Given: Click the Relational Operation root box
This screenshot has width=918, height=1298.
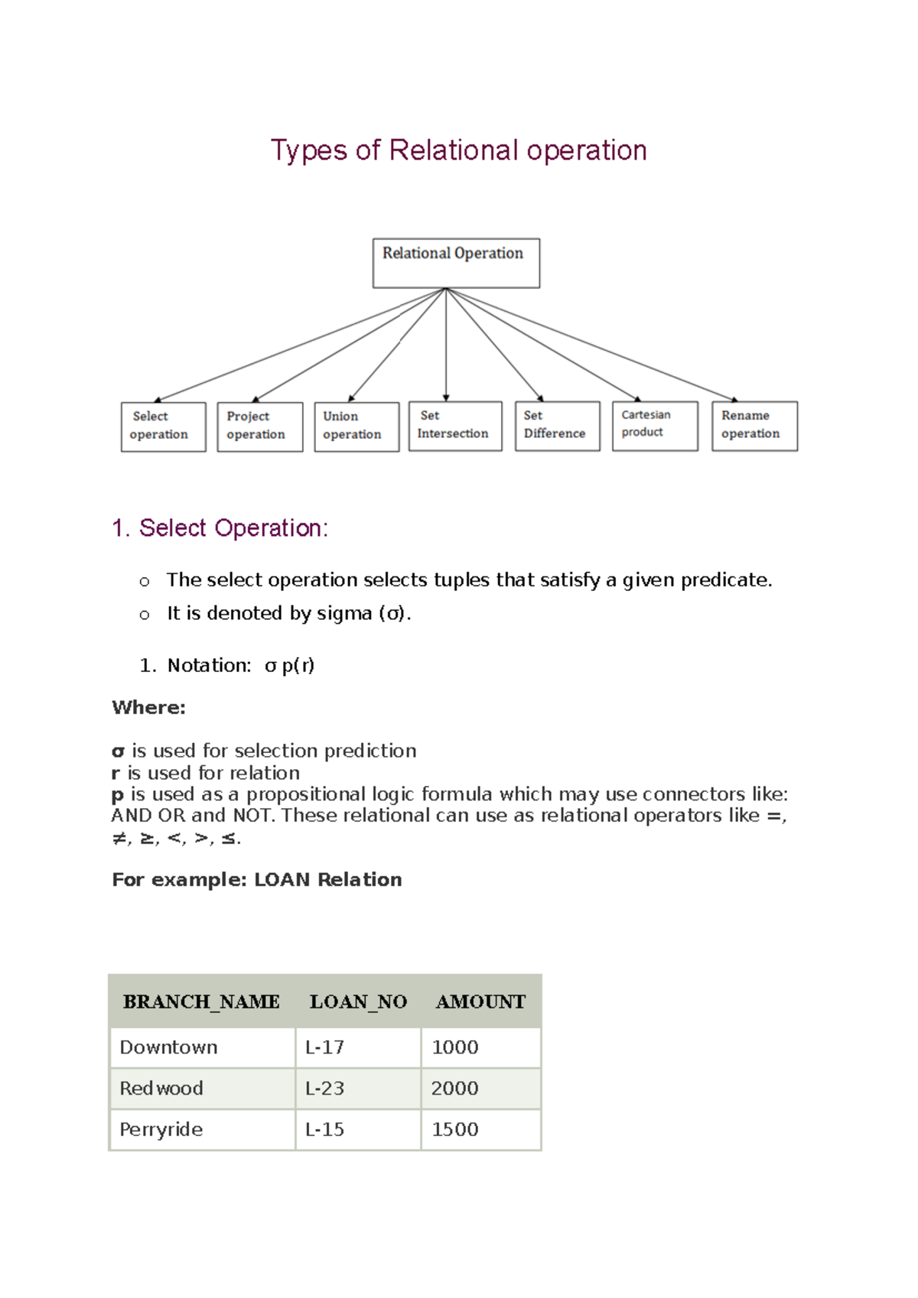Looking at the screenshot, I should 456,263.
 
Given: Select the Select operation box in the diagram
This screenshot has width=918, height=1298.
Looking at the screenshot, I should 163,427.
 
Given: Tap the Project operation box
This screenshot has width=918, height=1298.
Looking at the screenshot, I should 259,427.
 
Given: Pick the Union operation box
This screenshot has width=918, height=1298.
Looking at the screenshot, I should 356,427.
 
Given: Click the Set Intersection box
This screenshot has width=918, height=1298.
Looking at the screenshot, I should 455,426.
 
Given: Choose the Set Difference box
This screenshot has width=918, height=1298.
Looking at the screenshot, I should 557,426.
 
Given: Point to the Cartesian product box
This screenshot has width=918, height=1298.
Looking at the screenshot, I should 655,426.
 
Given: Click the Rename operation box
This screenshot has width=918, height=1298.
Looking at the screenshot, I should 754,426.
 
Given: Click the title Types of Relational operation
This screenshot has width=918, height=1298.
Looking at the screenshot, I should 459,150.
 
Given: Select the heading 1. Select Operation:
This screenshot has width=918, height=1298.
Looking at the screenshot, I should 220,527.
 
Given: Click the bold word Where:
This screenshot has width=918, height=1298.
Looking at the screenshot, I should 148,707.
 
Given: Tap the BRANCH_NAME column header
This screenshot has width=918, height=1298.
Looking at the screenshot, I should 201,1001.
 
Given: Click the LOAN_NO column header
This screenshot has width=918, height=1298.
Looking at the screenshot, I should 358,1001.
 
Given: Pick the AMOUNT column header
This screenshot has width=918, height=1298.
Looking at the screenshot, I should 480,1001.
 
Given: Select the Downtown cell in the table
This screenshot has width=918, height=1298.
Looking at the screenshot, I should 168,1047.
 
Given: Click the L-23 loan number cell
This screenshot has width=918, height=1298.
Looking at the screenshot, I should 325,1088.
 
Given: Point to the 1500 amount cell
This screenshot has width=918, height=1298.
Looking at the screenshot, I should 455,1129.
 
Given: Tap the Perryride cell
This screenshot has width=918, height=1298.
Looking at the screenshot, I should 161,1129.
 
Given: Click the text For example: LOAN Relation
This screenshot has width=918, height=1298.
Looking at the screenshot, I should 256,879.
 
